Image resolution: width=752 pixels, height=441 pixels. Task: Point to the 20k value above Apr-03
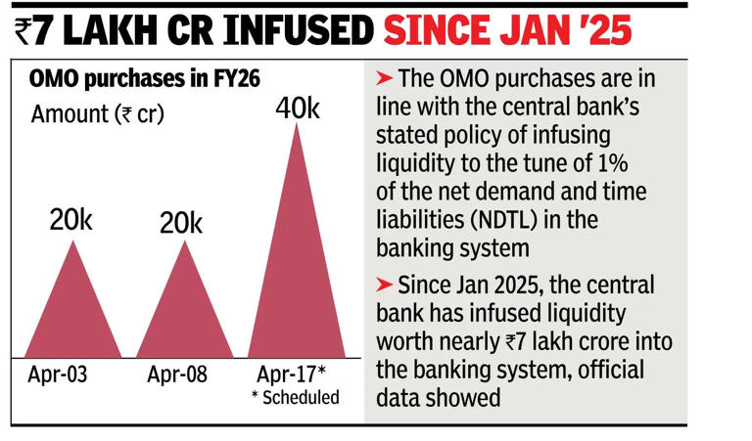[x=70, y=221]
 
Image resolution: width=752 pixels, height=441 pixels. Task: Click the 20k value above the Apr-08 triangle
[x=181, y=223]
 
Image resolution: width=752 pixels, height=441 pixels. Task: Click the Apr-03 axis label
[x=56, y=375]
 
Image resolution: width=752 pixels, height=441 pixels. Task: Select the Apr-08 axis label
[x=177, y=375]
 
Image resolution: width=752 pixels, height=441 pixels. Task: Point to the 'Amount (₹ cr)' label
[x=98, y=113]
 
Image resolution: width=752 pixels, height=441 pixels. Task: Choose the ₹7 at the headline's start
[x=36, y=30]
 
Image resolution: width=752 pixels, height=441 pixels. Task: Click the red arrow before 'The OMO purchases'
[x=385, y=77]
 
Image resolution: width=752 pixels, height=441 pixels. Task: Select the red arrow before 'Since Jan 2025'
[x=385, y=287]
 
